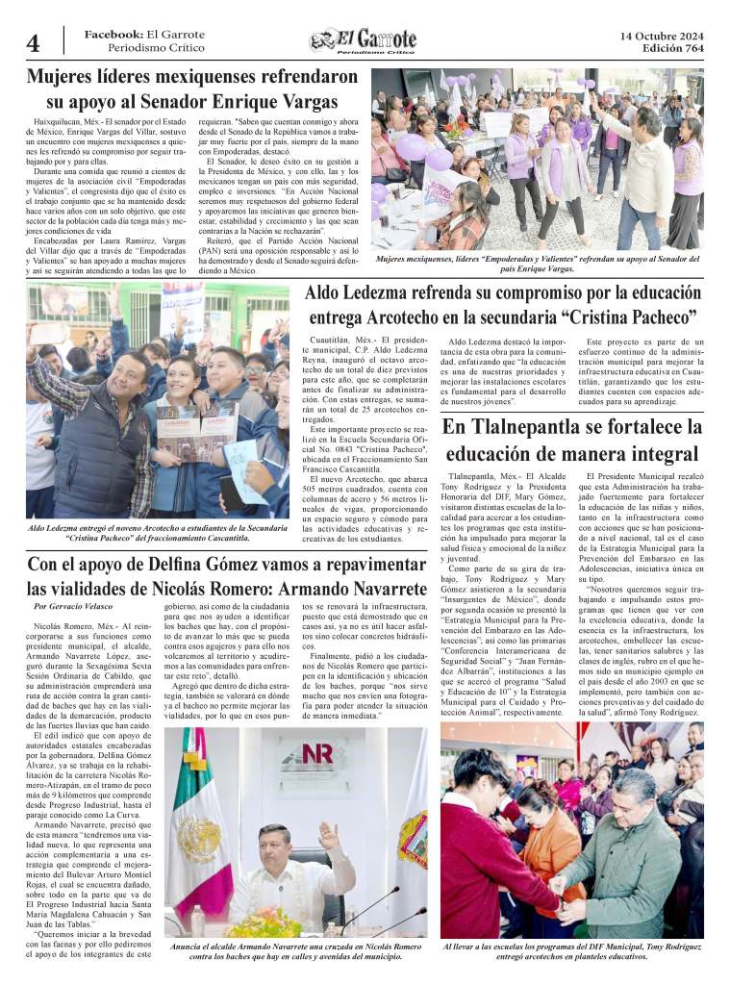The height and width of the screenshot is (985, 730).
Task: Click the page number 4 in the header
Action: (33, 44)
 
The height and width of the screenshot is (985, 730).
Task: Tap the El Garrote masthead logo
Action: (364, 40)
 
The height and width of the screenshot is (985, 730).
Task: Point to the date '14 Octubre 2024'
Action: (661, 37)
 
